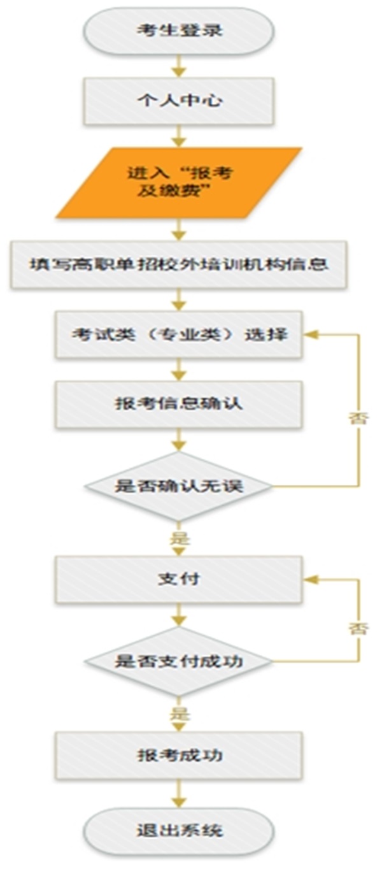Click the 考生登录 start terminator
coord(179,31)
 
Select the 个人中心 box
coord(179,100)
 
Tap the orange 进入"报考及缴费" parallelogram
coord(179,182)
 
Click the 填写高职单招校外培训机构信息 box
coord(179,264)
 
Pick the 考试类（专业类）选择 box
coord(179,334)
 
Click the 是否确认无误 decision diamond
coord(179,485)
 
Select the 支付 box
coord(179,579)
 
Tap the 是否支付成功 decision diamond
coord(179,661)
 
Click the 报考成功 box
coord(179,755)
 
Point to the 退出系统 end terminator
coord(179,831)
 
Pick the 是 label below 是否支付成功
coord(180,714)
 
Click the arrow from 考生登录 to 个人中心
coord(180,65)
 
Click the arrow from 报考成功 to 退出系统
coord(180,793)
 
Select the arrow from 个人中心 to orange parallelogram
coord(180,135)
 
